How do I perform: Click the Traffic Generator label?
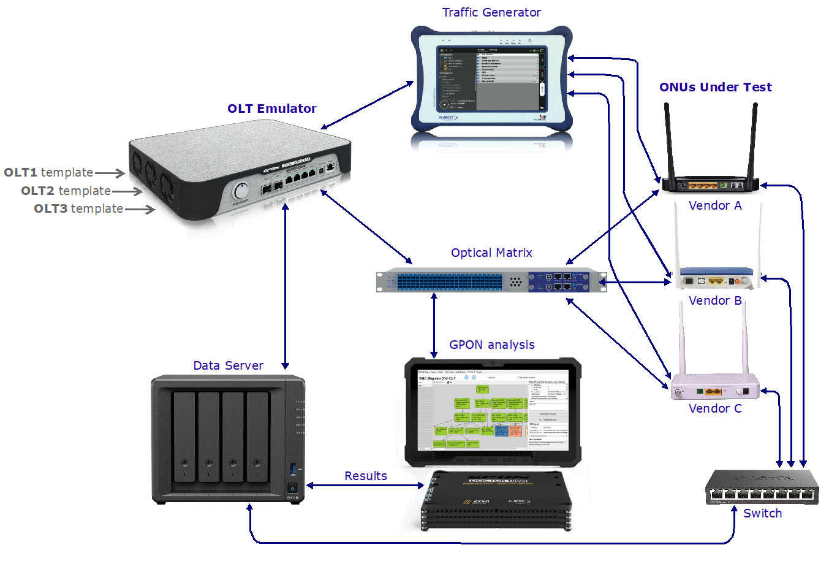(x=491, y=13)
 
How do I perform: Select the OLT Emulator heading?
(x=271, y=109)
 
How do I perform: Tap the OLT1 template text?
(x=48, y=173)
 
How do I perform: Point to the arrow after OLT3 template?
(x=140, y=209)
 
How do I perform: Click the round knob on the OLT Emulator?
(x=241, y=191)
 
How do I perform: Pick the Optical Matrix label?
(x=491, y=253)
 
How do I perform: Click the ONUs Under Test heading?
(x=715, y=87)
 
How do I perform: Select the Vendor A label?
(x=715, y=206)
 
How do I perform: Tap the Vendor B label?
(x=715, y=300)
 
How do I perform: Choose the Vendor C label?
(x=715, y=408)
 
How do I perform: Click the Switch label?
(x=762, y=513)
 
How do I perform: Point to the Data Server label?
(x=228, y=365)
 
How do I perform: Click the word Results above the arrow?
(x=365, y=476)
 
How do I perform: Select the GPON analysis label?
(x=491, y=345)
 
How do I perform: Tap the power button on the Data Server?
(x=293, y=488)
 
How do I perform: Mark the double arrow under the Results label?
(x=365, y=486)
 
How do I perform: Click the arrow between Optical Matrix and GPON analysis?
(x=434, y=325)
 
